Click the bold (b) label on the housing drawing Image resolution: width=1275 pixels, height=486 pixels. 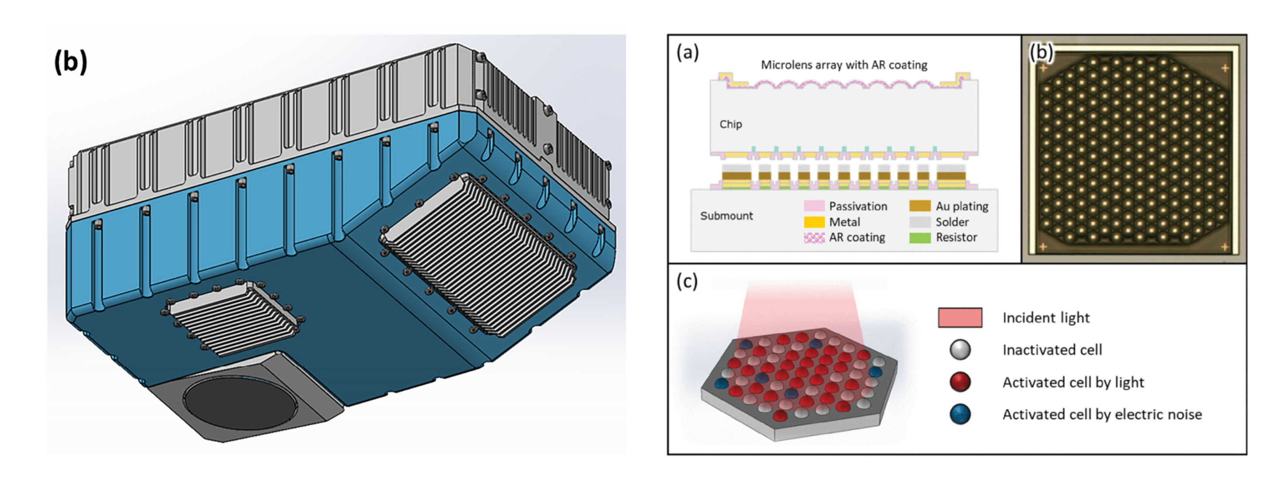70,62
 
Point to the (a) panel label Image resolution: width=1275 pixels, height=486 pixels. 687,52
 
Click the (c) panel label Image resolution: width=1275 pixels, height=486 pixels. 687,281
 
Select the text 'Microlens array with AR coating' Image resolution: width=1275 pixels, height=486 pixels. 844,65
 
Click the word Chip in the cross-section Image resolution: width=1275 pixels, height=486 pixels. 731,124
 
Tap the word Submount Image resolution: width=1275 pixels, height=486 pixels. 726,216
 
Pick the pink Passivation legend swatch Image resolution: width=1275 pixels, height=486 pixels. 814,206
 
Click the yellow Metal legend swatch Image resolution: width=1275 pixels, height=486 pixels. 814,222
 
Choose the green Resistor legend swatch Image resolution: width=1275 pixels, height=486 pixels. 920,238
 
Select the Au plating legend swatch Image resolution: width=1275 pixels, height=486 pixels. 920,206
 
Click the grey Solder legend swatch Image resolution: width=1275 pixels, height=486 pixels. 920,222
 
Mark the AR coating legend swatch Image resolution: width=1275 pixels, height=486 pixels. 814,238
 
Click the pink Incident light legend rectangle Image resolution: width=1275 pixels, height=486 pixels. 960,317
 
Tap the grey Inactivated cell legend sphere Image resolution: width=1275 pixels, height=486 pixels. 960,349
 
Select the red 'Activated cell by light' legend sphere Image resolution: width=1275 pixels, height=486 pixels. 960,382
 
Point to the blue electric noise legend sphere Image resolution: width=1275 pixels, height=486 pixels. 960,414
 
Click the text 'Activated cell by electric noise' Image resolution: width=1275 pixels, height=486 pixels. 1102,414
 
